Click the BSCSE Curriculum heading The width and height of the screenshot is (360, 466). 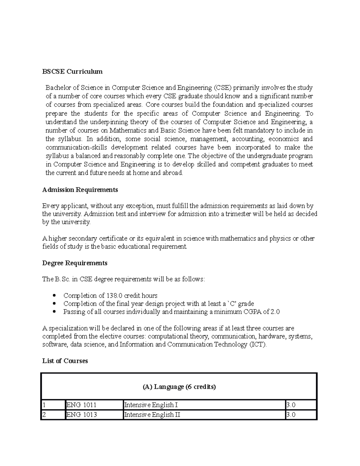(72, 71)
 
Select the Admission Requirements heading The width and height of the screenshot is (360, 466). (80, 190)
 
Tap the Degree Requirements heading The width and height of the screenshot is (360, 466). (75, 263)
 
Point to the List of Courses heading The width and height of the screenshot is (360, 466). (65, 361)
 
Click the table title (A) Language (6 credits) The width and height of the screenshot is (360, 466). (179, 387)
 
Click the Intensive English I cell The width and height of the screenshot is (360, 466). (151, 405)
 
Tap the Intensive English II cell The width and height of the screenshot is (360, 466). (152, 415)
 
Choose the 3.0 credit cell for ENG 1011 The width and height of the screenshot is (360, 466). (291, 405)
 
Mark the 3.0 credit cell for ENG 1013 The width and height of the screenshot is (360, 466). (291, 415)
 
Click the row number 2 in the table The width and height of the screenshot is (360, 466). (44, 415)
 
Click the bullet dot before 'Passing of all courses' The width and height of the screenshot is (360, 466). (54, 312)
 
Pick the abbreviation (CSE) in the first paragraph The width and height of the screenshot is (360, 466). (223, 88)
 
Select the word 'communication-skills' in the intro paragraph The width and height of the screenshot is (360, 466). (77, 147)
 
